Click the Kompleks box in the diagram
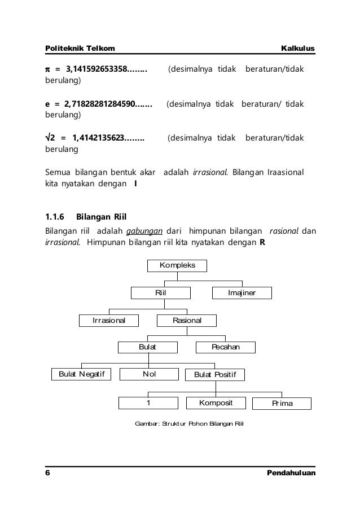tap(177, 265)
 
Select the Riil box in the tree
tap(161, 293)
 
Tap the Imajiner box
tap(242, 293)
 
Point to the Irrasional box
tap(109, 321)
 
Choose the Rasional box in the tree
tap(187, 321)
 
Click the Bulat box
tap(148, 347)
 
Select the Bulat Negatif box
tap(82, 374)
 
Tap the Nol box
tap(150, 374)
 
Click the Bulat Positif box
tap(215, 374)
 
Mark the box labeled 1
tap(148, 402)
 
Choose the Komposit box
tap(216, 402)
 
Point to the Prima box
tap(282, 403)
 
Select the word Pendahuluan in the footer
tap(291, 472)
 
